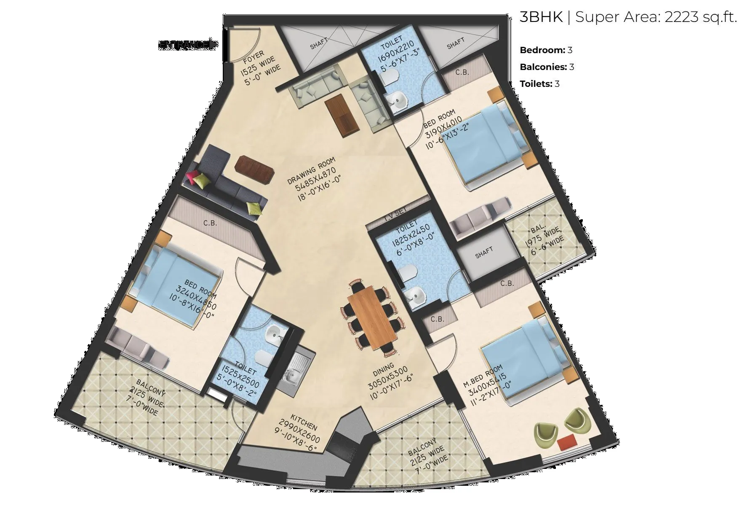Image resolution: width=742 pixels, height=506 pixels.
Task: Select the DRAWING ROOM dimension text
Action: click(315, 177)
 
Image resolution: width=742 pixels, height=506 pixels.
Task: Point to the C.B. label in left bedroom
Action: click(210, 223)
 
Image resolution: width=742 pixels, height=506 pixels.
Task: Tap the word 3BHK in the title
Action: click(541, 17)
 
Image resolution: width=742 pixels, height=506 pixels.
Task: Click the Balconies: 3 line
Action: click(547, 67)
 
